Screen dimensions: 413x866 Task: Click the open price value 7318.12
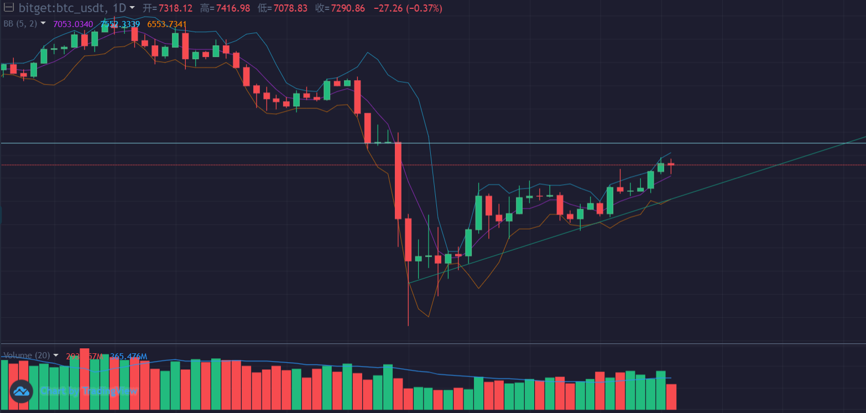pos(175,8)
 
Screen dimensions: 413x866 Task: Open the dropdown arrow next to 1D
pos(132,8)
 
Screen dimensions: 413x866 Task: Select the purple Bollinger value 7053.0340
pos(73,24)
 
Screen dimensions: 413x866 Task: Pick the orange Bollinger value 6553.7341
pos(167,24)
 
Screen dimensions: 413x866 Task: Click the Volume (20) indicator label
pos(27,356)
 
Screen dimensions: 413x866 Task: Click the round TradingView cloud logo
pos(22,391)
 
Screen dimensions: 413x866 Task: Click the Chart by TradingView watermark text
pos(88,391)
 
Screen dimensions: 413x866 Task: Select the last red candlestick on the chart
pos(671,165)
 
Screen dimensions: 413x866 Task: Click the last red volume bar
pos(671,397)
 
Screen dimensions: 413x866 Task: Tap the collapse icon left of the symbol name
pos(8,8)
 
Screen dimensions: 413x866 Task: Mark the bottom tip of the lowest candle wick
pos(408,326)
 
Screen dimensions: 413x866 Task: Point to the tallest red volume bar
pos(85,379)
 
